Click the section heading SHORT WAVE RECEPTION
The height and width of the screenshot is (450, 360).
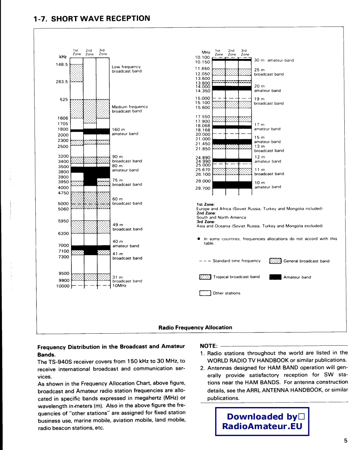tap(92, 18)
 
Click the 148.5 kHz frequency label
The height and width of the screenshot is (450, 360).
tap(62, 64)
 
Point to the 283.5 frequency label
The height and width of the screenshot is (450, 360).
tap(62, 82)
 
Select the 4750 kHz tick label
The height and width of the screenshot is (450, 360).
tap(63, 193)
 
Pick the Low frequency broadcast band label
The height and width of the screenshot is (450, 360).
tap(126, 69)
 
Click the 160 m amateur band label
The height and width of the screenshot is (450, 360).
tap(125, 132)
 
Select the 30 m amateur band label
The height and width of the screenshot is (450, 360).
tap(274, 61)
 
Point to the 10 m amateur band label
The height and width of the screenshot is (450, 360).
tap(268, 185)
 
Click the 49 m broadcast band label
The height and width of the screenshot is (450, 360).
tap(127, 227)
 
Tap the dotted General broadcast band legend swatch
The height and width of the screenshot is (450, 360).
tap(275, 261)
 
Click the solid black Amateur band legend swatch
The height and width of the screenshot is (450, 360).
tap(275, 277)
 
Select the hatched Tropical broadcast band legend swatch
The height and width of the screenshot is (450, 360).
tap(205, 277)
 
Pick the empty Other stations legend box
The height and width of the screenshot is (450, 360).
tap(205, 293)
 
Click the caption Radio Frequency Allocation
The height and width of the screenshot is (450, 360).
tap(195, 328)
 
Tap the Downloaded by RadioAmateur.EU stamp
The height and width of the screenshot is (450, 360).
tap(262, 422)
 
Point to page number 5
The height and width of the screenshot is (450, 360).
tap(346, 441)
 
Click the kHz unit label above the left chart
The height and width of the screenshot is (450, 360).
tap(63, 57)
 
